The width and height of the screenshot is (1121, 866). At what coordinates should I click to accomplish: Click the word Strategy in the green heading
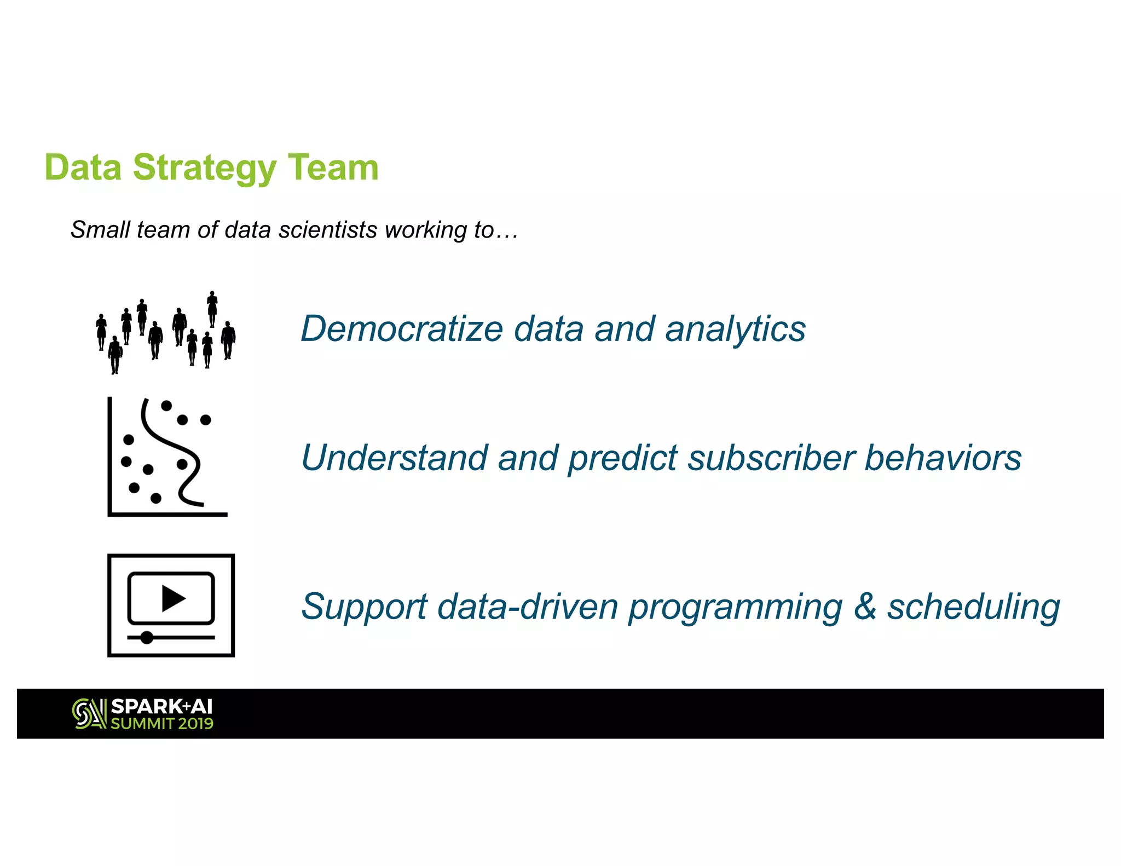coord(204,168)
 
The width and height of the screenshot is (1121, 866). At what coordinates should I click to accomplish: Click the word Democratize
coord(402,329)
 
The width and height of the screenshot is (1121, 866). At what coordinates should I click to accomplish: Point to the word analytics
coord(735,329)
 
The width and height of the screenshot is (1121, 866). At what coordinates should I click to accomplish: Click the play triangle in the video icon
coord(173,598)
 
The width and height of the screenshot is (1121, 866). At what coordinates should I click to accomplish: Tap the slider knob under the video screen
coord(147,637)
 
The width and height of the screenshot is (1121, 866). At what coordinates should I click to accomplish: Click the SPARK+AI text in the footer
coord(161,707)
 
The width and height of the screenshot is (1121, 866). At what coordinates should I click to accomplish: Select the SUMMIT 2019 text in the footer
coord(161,724)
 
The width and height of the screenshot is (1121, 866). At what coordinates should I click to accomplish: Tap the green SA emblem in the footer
coord(89,714)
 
